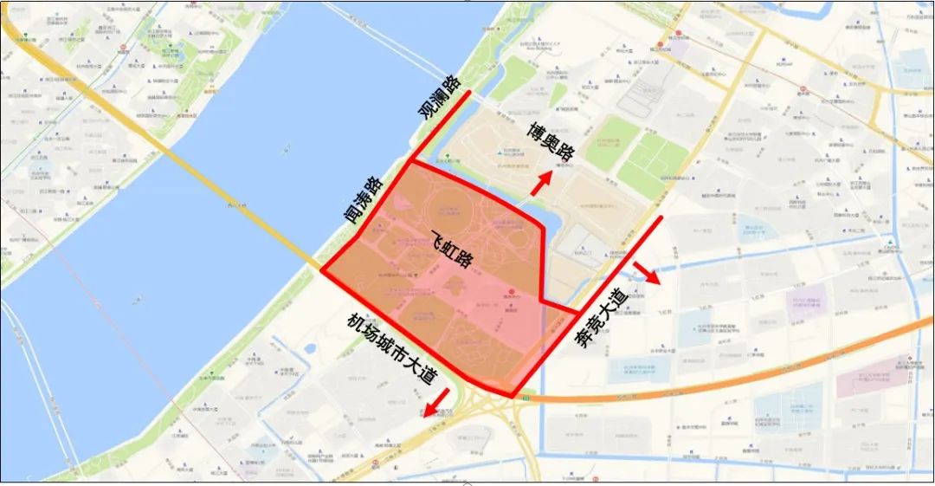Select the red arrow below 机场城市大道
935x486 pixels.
[x=436, y=401]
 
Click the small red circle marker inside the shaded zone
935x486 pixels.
[x=512, y=291]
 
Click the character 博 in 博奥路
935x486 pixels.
[x=533, y=129]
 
